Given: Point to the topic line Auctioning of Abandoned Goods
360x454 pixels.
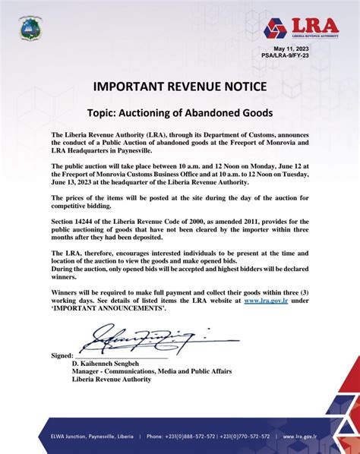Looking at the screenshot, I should click(x=180, y=112).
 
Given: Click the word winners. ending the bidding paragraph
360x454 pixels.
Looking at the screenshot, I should click(x=69, y=277).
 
